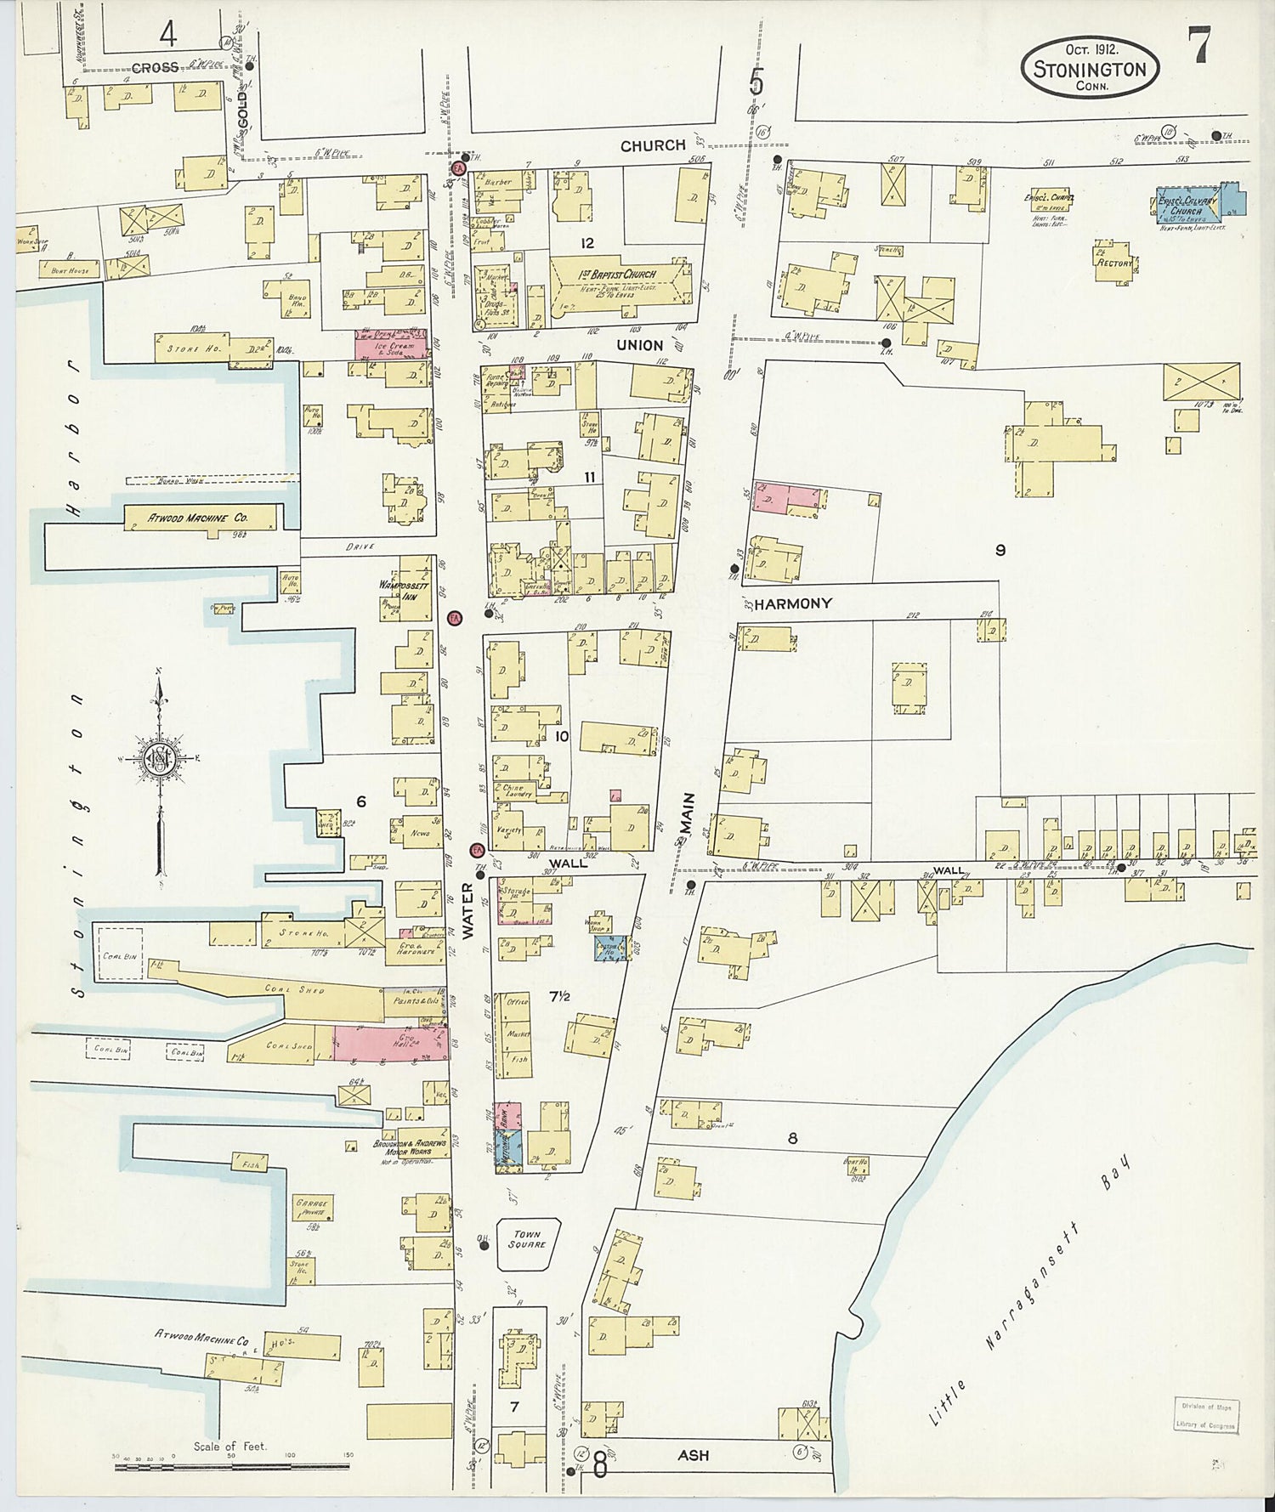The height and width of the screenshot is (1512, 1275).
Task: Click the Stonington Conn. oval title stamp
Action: (1090, 68)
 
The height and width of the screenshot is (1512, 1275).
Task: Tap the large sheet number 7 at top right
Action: (1199, 45)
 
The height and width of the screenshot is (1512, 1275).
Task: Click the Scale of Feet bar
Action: (231, 1465)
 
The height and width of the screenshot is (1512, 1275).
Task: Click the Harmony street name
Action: (793, 603)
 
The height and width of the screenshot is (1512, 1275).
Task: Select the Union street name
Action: (640, 345)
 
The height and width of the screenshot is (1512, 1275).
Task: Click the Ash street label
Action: (693, 1456)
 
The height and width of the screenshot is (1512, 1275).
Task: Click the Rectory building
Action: (1114, 262)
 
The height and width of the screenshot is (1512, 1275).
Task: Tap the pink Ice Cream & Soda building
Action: (391, 345)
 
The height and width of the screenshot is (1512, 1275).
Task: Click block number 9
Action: (1000, 550)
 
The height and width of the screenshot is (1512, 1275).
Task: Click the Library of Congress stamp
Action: (1206, 1416)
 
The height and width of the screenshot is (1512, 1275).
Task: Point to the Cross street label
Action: (156, 67)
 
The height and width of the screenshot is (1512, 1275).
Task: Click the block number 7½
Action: (558, 996)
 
